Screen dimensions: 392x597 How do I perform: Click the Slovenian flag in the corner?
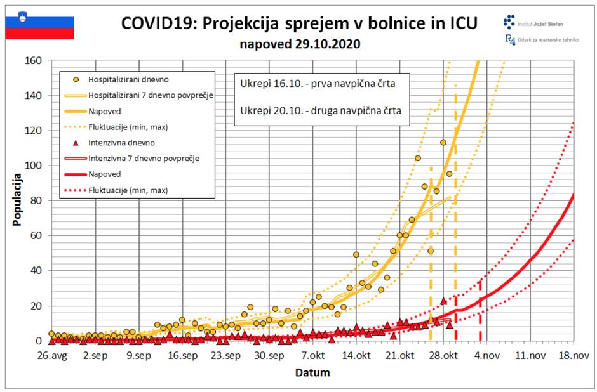40,26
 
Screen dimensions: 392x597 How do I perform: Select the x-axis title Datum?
312,373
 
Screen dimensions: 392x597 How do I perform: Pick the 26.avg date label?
53,356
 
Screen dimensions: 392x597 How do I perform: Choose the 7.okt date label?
313,356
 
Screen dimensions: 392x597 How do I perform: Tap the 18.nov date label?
573,356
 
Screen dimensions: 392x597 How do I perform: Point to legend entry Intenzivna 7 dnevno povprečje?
144,158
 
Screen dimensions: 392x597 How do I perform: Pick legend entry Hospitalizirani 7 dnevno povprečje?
150,95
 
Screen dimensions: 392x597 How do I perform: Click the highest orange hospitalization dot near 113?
443,142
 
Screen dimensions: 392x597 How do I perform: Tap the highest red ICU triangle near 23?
443,301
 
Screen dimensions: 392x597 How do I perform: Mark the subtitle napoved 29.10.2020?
300,44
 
